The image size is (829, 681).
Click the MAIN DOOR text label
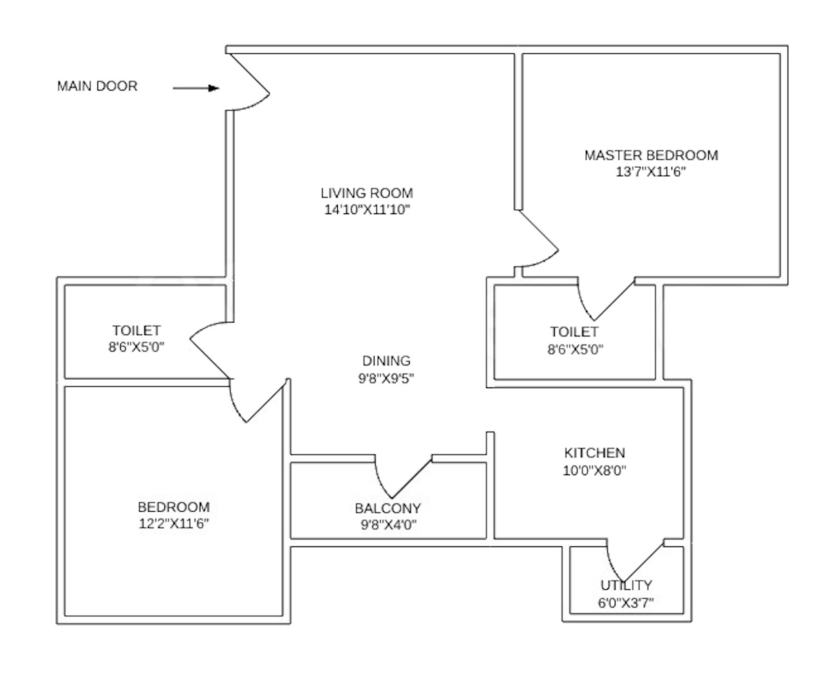[97, 86]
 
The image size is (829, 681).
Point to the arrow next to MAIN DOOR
[196, 88]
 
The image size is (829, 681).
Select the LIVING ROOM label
[367, 193]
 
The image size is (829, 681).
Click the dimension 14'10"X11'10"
[367, 210]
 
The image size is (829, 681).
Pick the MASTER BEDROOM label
[651, 155]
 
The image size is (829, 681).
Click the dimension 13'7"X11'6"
[651, 172]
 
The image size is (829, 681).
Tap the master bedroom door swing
[537, 242]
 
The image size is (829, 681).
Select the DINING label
[386, 361]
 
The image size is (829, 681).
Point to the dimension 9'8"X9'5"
[386, 378]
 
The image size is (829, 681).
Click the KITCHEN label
[595, 453]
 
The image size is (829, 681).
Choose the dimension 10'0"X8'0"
[595, 471]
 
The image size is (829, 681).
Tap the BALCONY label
[388, 508]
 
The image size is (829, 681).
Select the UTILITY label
[626, 586]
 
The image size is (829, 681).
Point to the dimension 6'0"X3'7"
[626, 602]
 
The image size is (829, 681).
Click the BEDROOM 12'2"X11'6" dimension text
[173, 524]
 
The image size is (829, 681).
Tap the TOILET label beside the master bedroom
[574, 332]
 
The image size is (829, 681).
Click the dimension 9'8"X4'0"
[388, 525]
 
